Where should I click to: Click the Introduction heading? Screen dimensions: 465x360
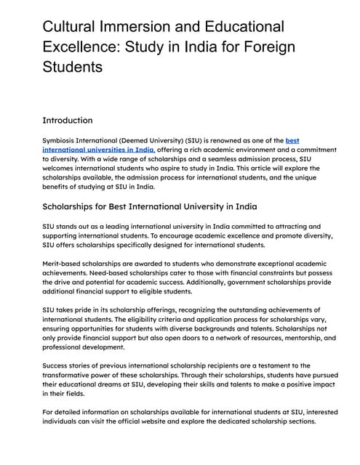pyautogui.click(x=68, y=120)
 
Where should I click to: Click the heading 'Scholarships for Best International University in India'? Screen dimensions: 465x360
pyautogui.click(x=149, y=207)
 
